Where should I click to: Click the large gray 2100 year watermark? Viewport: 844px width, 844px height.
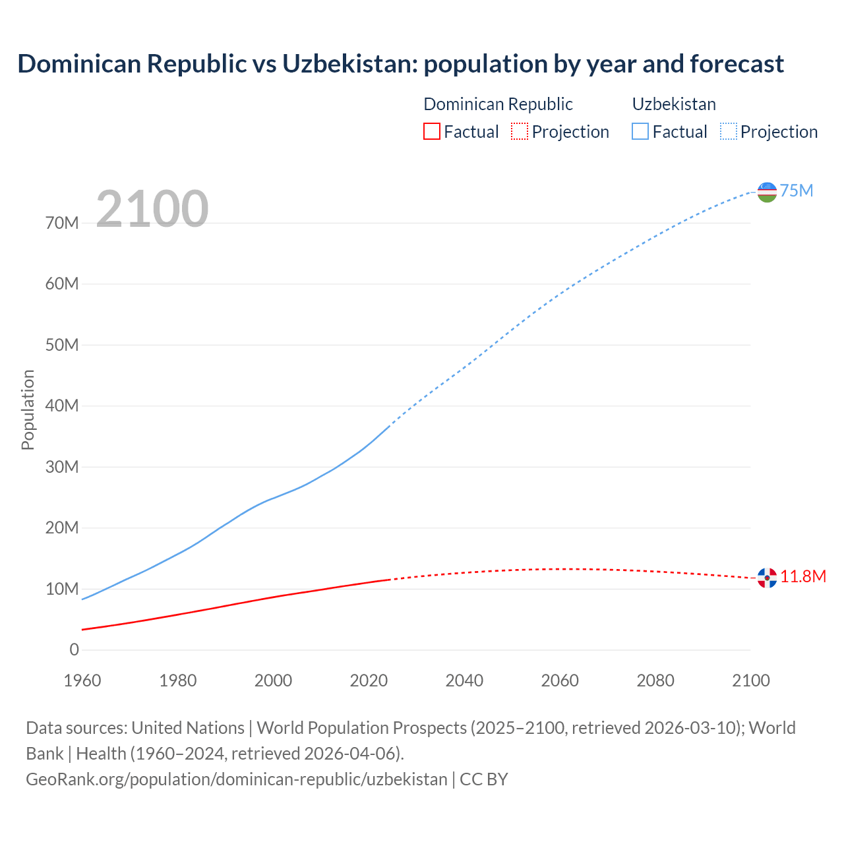pyautogui.click(x=152, y=209)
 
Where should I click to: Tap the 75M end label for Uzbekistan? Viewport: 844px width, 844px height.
pyautogui.click(x=797, y=191)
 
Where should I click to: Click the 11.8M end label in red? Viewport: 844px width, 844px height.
pyautogui.click(x=803, y=577)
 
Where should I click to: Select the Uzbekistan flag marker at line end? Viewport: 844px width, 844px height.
pyautogui.click(x=767, y=192)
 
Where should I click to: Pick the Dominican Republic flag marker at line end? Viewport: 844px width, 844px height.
pyautogui.click(x=767, y=578)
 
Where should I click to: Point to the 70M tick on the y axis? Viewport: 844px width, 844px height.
pyautogui.click(x=63, y=223)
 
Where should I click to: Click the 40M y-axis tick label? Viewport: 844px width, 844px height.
pyautogui.click(x=63, y=406)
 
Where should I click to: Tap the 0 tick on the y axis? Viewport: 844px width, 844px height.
pyautogui.click(x=74, y=650)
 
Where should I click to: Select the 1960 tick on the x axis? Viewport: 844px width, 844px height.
pyautogui.click(x=82, y=680)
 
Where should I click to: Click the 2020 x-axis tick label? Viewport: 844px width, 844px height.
pyautogui.click(x=369, y=680)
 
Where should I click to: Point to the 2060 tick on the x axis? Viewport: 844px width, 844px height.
pyautogui.click(x=560, y=680)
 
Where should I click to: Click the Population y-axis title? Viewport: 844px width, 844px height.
pyautogui.click(x=28, y=409)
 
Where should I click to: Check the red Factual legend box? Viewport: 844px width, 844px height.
pyautogui.click(x=432, y=132)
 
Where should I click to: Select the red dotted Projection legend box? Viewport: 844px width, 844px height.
pyautogui.click(x=520, y=132)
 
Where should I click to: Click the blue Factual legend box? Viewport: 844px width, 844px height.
pyautogui.click(x=640, y=132)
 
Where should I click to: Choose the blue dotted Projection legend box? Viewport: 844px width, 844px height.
pyautogui.click(x=728, y=132)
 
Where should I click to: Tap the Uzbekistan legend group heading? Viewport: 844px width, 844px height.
pyautogui.click(x=674, y=104)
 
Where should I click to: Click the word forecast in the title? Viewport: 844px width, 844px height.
pyautogui.click(x=737, y=64)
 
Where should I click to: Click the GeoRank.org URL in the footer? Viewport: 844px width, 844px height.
pyautogui.click(x=237, y=779)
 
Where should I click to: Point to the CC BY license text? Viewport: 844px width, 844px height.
pyautogui.click(x=484, y=779)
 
